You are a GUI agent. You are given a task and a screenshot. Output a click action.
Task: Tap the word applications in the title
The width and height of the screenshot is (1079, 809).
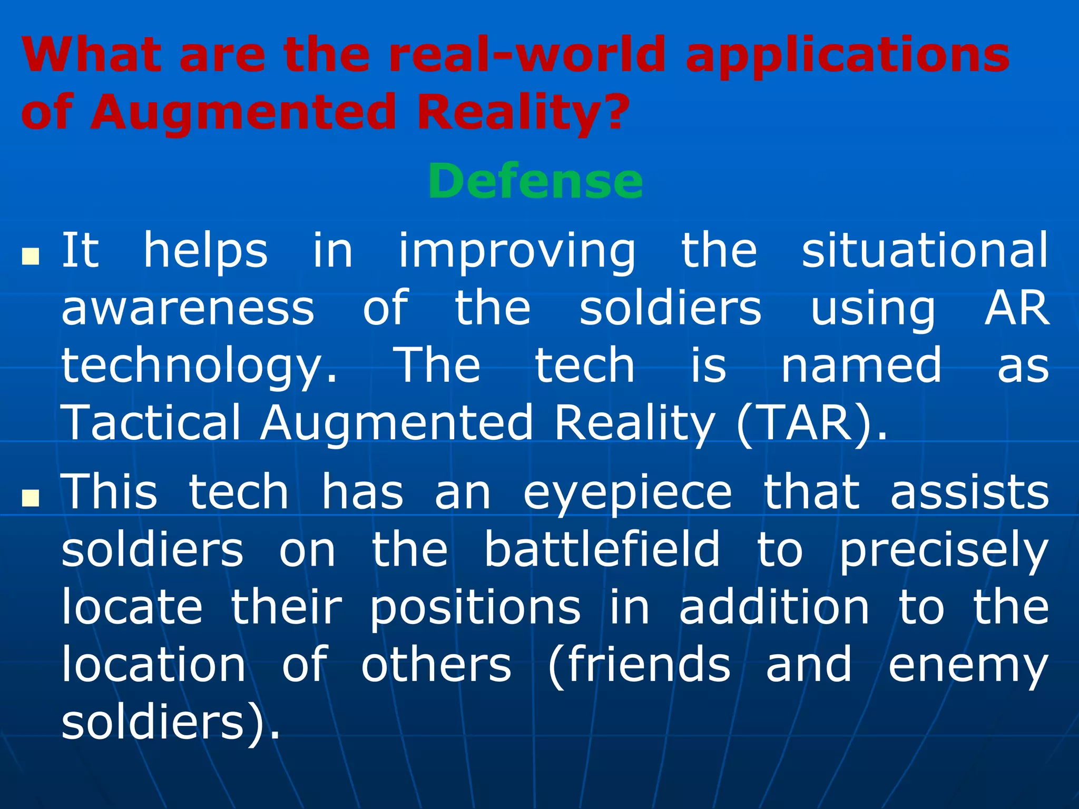point(847,56)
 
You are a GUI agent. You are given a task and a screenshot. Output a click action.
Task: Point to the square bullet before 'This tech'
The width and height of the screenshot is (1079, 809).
point(31,497)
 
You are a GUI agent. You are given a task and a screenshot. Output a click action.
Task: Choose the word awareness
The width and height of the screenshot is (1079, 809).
point(188,308)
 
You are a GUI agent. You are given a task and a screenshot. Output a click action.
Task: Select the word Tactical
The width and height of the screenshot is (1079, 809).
point(151,422)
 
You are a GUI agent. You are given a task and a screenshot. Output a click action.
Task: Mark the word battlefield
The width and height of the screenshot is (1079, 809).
point(602,549)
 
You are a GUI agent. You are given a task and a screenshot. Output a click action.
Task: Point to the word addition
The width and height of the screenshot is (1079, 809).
point(773,607)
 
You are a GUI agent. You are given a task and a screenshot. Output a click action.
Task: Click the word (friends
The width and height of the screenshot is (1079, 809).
point(639,665)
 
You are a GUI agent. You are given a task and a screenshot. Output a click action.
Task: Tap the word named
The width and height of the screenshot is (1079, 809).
point(861,366)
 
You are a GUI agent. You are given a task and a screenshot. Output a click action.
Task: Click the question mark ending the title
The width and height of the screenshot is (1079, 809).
point(614,112)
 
